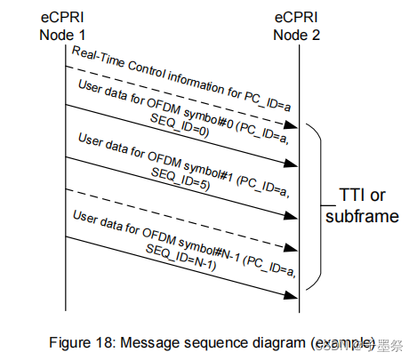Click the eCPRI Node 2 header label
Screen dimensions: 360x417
[300, 26]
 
